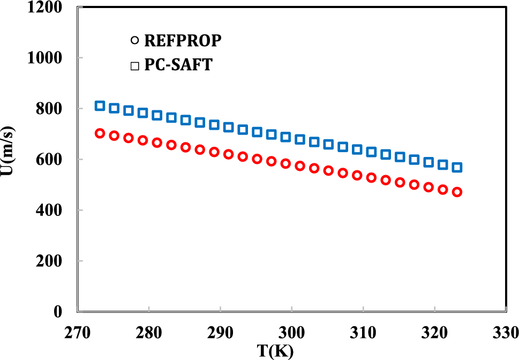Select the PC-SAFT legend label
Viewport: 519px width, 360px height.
[x=178, y=66]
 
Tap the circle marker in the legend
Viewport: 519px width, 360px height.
[x=134, y=41]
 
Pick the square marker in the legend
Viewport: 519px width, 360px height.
[x=134, y=66]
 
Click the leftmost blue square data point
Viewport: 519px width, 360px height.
[x=100, y=106]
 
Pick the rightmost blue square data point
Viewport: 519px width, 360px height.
[x=457, y=168]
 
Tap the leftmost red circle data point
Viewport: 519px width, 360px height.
[x=100, y=133]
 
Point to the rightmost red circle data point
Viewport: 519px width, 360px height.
[x=457, y=192]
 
